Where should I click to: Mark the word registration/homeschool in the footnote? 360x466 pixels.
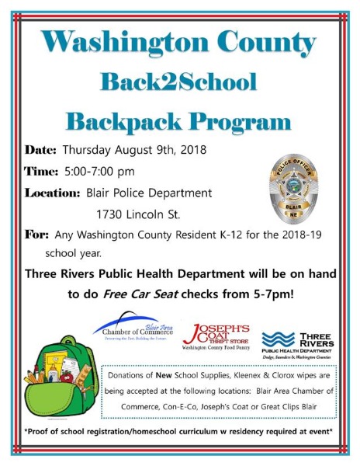pos(121,432)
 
